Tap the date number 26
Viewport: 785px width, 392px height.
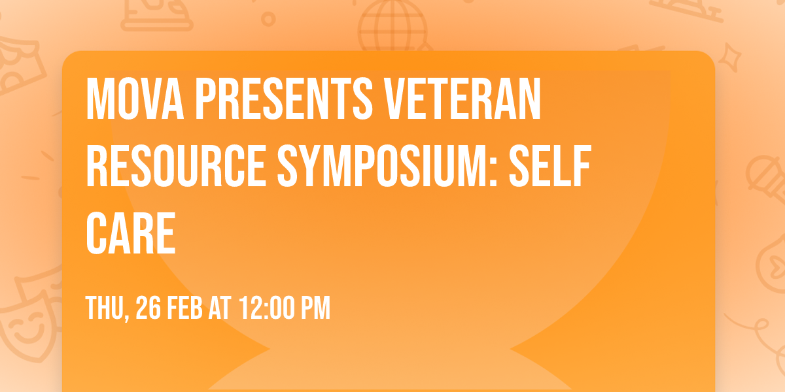(148, 308)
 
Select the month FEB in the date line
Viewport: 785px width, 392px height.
(184, 308)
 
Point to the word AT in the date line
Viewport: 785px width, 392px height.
(220, 308)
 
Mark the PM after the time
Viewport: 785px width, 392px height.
(316, 308)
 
